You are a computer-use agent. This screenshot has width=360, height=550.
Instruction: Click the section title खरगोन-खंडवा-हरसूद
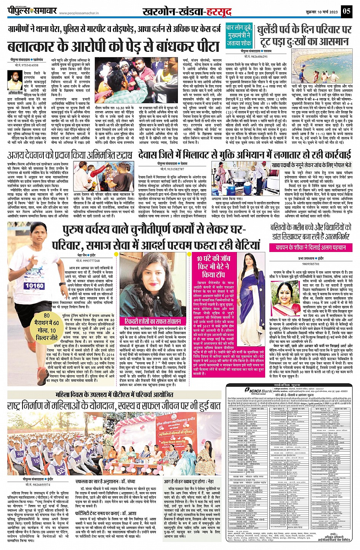point(186,12)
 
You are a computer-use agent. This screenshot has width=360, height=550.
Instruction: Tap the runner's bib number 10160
point(34,285)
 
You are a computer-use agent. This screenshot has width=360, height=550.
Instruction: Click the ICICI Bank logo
point(259,391)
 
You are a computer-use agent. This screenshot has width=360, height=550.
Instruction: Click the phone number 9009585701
point(311,264)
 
